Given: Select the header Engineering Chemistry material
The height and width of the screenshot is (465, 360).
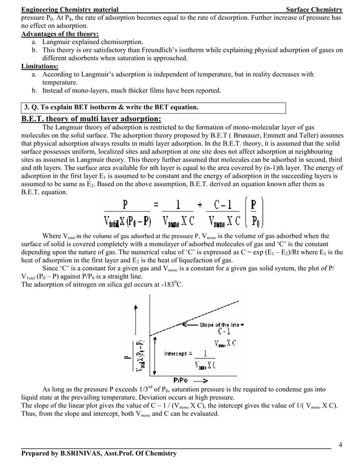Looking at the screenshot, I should tap(69, 10).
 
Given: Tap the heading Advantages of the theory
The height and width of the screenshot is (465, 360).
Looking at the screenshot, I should tap(60, 34).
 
